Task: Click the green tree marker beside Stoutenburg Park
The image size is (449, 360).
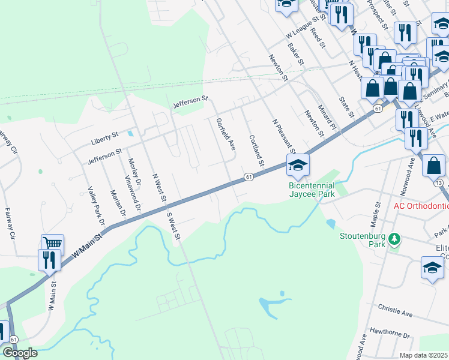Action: click(x=394, y=239)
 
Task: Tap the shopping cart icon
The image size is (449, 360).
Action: click(x=53, y=244)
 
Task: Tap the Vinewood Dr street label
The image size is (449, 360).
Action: click(x=132, y=193)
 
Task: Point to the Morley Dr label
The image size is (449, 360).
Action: click(x=134, y=172)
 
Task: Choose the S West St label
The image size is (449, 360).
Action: click(x=173, y=226)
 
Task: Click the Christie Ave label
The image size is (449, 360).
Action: click(x=396, y=314)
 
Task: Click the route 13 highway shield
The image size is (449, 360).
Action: click(x=440, y=182)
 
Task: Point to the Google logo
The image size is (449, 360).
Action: click(x=20, y=353)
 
